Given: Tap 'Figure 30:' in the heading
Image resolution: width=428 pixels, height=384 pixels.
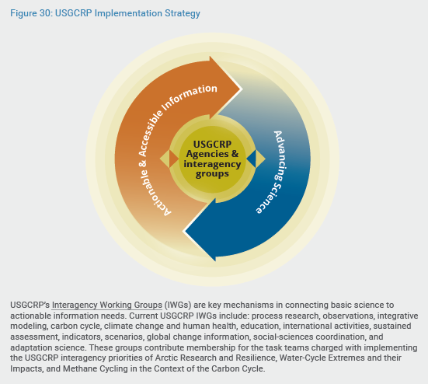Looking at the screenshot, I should tap(31, 13).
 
